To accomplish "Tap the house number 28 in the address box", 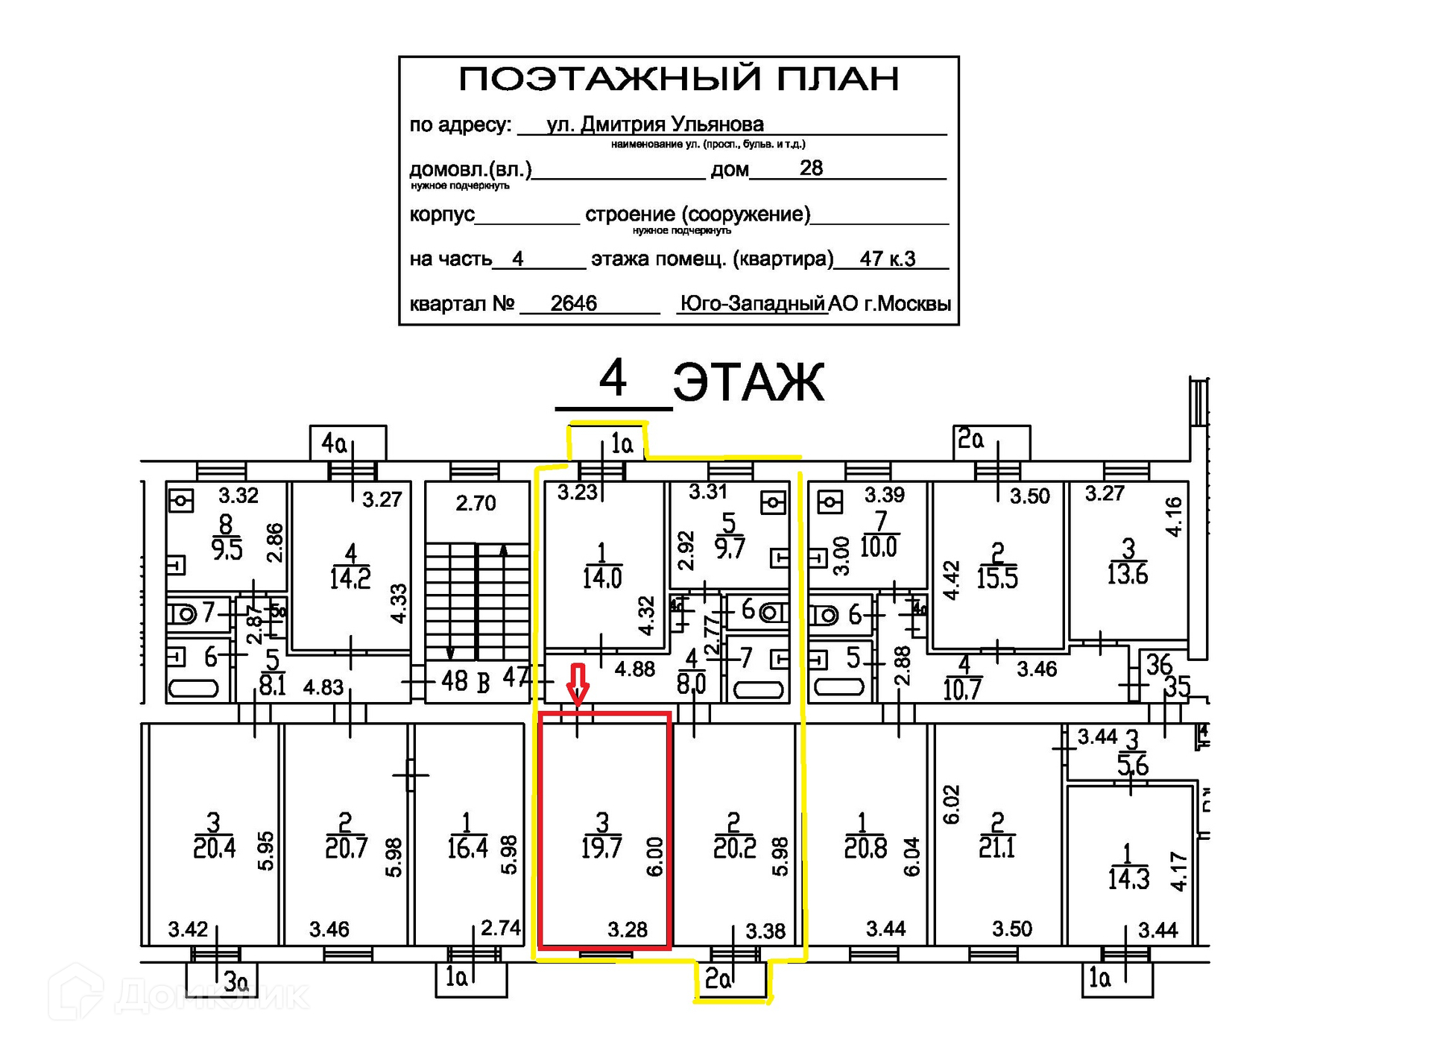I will coord(811,168).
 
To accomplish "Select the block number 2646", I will coord(573,303).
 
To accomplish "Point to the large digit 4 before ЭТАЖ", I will coord(613,379).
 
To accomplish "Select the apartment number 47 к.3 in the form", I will coord(887,259).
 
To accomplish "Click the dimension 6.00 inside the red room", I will coord(654,856).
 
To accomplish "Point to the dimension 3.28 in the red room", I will coord(627,929).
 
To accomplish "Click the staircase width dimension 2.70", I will coord(476,504).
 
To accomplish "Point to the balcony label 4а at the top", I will coord(334,444).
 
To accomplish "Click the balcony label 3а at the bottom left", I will coord(236,982).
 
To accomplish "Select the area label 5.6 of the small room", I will coord(1132,765).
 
